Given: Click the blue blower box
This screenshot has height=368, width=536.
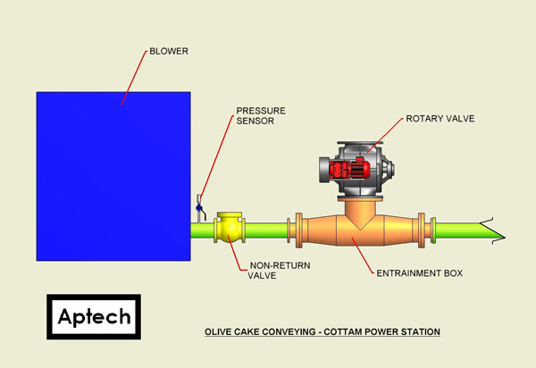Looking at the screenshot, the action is [113, 176].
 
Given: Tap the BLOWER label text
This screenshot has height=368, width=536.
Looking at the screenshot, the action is [169, 51].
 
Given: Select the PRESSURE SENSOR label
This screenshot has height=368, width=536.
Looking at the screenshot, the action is [261, 116].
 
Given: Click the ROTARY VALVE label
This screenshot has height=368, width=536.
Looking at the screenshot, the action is [440, 119].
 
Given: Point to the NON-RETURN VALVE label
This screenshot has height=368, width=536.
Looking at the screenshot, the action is [279, 271].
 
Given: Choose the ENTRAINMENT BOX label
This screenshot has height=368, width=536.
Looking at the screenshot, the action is [420, 273].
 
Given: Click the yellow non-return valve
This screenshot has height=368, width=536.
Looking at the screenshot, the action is [230, 227].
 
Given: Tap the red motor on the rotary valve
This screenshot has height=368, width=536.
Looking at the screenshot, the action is [349, 168].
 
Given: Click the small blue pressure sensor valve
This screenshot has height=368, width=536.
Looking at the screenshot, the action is [199, 208].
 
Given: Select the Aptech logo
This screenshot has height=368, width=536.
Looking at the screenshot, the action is [94, 317].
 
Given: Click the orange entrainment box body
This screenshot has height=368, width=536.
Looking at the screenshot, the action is [359, 230].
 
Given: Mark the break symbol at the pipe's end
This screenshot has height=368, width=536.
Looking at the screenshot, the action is [493, 231].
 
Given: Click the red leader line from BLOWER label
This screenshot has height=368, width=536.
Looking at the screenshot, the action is [134, 79].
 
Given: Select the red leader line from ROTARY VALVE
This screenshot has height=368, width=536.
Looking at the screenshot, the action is [386, 135].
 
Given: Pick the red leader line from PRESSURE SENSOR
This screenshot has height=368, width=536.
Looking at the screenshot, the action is [217, 157].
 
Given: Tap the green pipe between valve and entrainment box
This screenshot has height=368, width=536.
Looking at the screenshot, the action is [266, 230].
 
